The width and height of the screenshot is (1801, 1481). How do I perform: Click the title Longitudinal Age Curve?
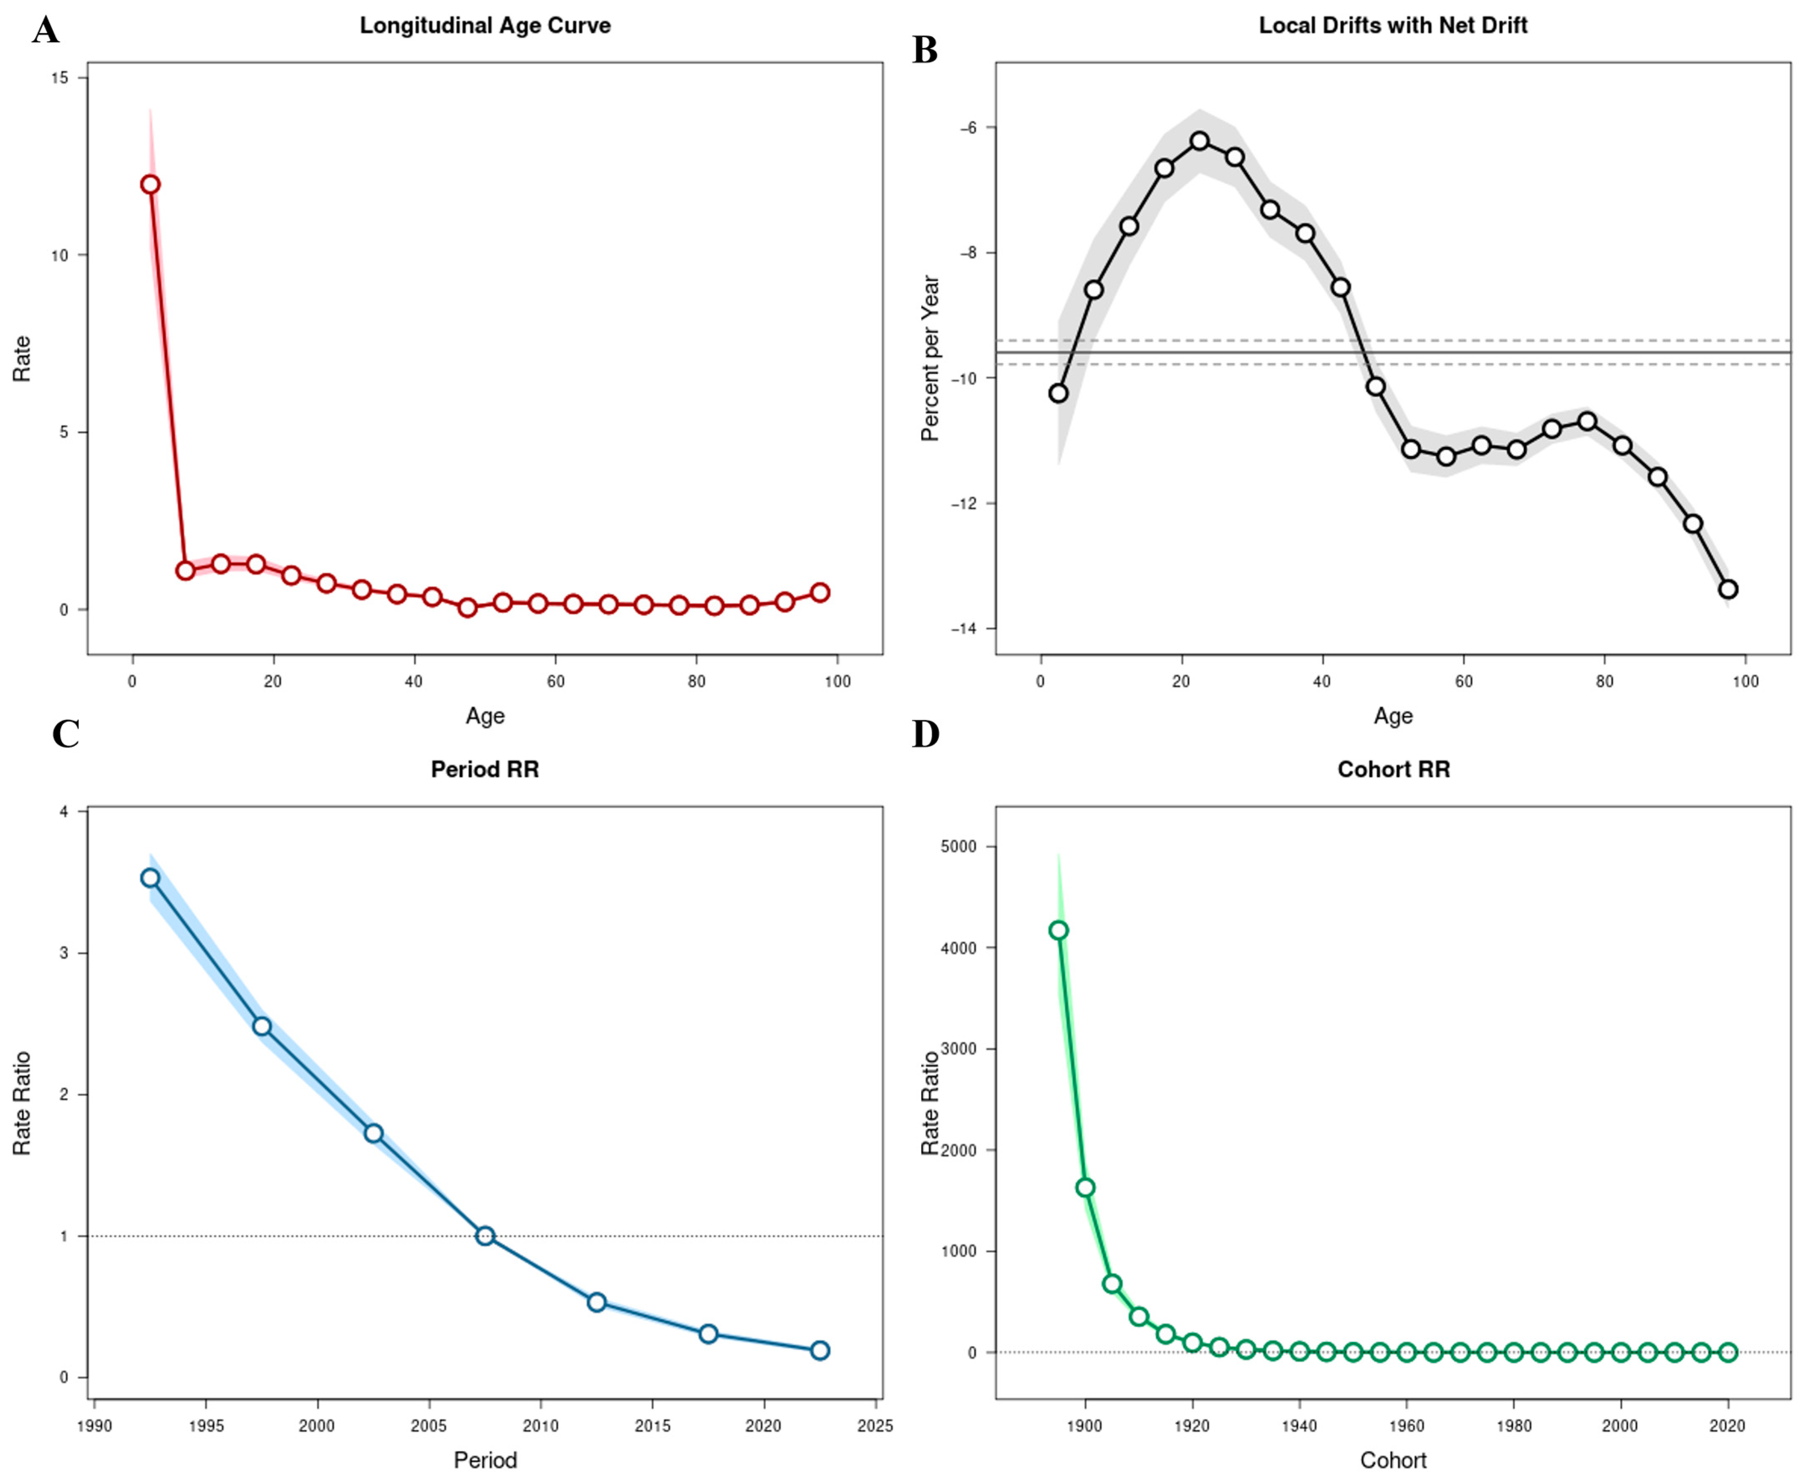485,25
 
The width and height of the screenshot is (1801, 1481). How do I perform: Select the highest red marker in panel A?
150,184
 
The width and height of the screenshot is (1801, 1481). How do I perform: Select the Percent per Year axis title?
930,358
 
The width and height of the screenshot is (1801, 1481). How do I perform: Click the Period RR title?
485,770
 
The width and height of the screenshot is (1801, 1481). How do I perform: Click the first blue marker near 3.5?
150,878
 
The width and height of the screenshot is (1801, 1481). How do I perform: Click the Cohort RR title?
1393,770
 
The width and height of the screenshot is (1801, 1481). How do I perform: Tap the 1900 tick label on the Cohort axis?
1084,1425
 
